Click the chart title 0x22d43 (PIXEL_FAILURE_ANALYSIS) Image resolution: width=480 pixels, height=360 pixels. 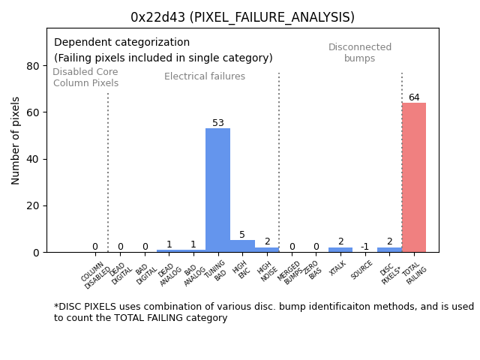tap(242, 17)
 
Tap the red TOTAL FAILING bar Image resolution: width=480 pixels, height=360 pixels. tap(414, 177)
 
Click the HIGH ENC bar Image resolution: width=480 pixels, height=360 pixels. tap(242, 246)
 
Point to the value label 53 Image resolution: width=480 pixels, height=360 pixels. tap(217, 123)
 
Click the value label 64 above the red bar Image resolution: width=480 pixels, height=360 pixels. tap(414, 97)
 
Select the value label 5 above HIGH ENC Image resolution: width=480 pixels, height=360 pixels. tap(242, 235)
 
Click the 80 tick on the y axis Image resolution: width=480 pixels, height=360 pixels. tap(33, 66)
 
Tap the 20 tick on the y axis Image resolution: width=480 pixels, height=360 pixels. tap(33, 205)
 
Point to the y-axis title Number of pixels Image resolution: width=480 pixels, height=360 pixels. tap(16, 140)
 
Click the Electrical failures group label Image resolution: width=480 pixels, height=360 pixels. tap(205, 76)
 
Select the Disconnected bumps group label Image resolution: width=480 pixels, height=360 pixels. tap(360, 53)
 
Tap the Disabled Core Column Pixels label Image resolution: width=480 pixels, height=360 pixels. tap(85, 77)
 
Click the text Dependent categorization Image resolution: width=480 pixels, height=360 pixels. tap(121, 43)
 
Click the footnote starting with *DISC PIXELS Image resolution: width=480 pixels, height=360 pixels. tap(263, 312)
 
